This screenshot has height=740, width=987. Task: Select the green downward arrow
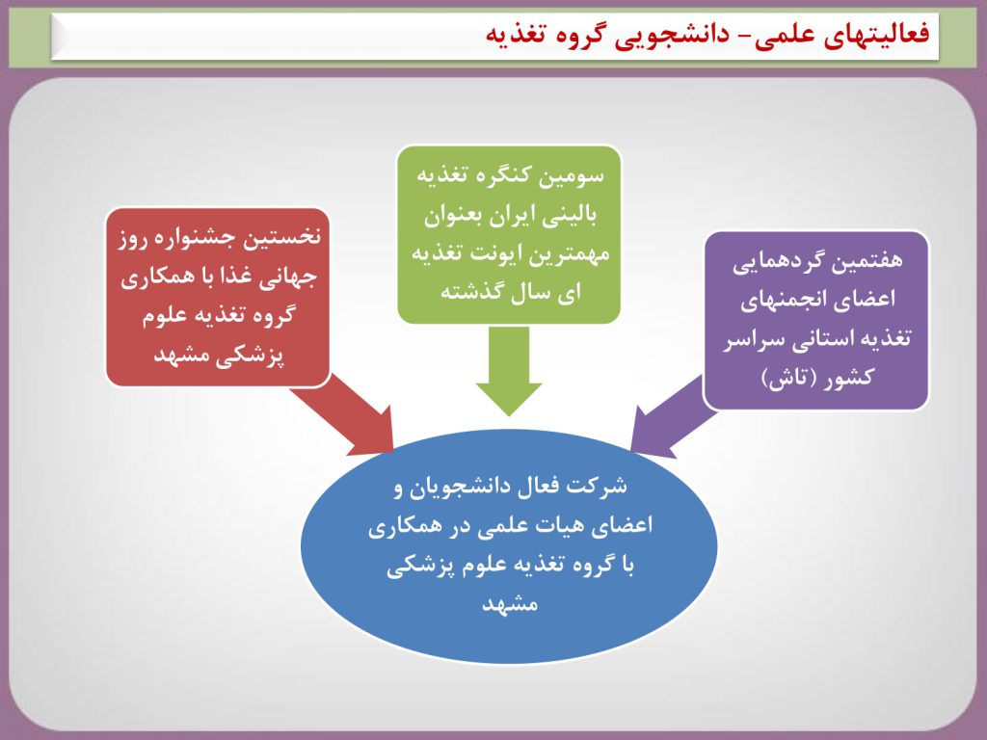[x=509, y=370]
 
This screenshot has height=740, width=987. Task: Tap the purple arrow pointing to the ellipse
[x=671, y=416]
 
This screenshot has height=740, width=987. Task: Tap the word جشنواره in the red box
[x=197, y=238]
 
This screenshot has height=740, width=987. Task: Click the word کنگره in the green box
[x=501, y=175]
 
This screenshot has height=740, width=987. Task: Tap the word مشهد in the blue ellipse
[x=510, y=603]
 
